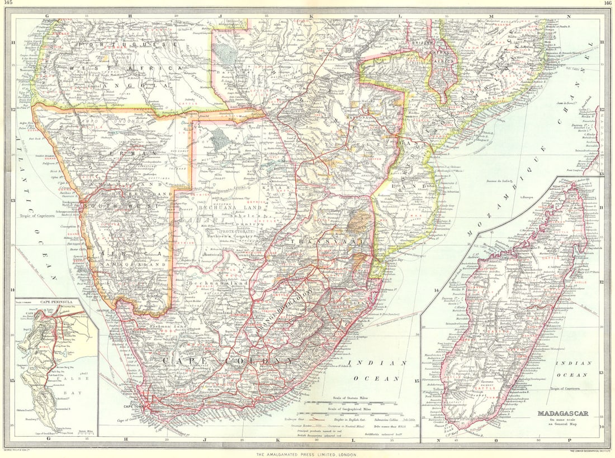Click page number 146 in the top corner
pos(607,3)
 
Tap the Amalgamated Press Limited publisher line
pos(307,454)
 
